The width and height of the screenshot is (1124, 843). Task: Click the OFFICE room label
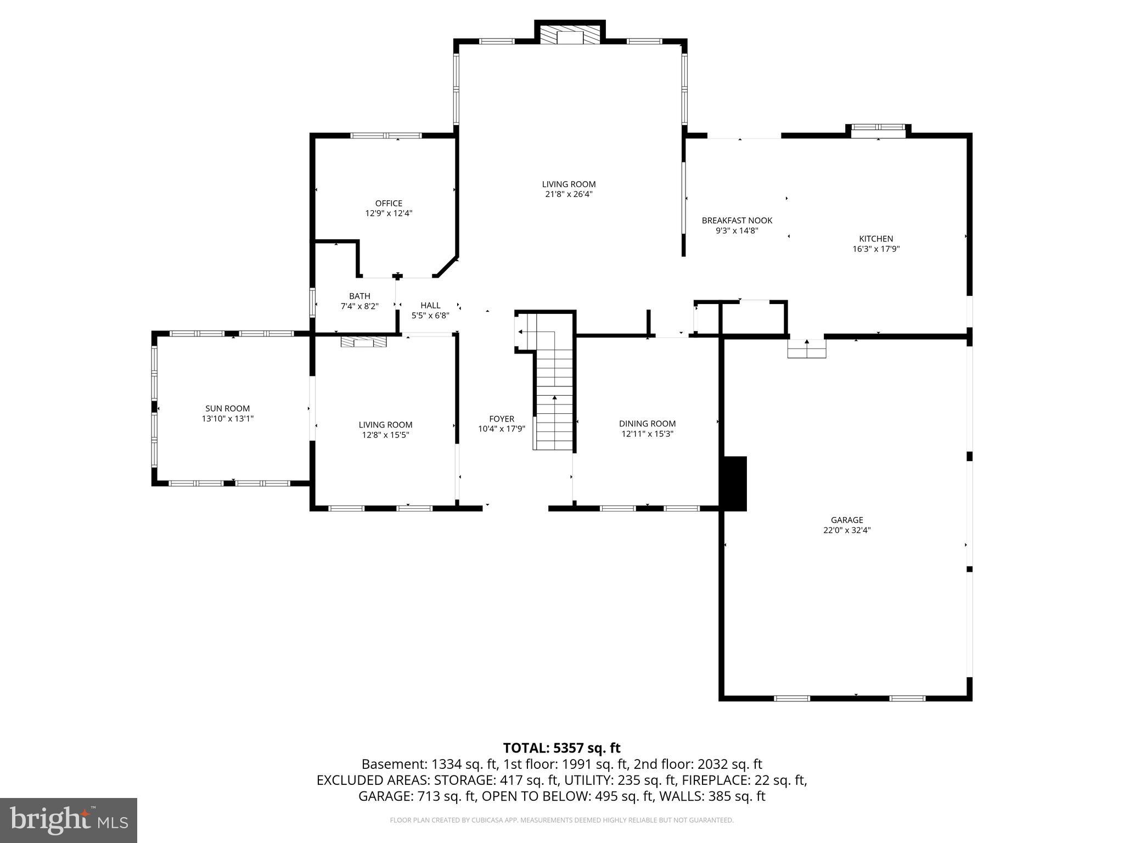pos(389,204)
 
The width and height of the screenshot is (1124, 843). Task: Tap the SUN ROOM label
pos(227,408)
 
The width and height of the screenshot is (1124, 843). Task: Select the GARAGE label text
pos(847,520)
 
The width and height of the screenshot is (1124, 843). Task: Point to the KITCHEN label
pos(875,239)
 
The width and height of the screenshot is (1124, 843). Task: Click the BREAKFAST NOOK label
pos(737,221)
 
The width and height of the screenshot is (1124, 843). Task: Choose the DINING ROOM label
pos(647,424)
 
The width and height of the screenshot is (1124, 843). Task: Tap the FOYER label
pos(501,419)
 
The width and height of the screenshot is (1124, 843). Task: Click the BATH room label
pos(359,296)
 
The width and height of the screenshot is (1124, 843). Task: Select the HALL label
pos(430,306)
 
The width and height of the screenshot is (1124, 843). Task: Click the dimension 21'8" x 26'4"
pos(569,194)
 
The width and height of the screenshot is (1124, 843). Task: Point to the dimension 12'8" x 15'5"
pos(385,435)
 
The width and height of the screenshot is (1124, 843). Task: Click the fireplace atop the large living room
pos(570,37)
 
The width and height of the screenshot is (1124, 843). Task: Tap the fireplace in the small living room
pos(363,342)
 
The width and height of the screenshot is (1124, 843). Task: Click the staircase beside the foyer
pos(554,406)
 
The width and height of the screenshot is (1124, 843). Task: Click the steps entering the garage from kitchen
pos(806,349)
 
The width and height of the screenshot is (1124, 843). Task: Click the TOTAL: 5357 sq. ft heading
pos(561,748)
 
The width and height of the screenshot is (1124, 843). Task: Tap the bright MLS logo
pos(69,820)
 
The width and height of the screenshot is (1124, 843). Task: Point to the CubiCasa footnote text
pos(561,820)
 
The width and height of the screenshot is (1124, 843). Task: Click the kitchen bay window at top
pos(878,128)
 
